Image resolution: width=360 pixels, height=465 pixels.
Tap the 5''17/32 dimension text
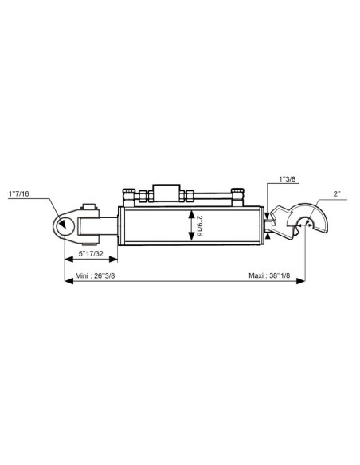click(89, 255)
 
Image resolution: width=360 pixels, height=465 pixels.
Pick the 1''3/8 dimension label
click(289, 180)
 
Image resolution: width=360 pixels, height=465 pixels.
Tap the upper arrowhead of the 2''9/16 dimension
click(190, 213)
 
